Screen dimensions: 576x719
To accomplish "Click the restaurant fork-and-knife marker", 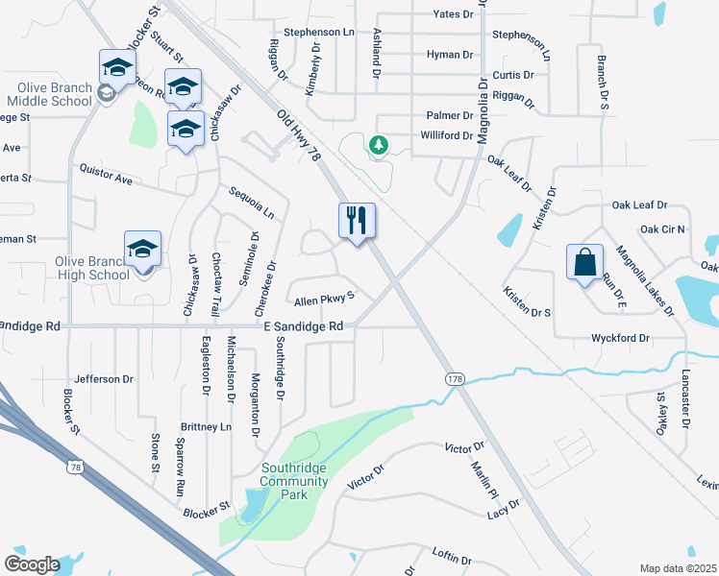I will [x=357, y=222].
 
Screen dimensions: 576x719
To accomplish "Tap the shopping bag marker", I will [x=584, y=261].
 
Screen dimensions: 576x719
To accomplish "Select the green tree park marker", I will [x=379, y=146].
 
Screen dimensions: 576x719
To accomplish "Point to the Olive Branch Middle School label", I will [x=53, y=94].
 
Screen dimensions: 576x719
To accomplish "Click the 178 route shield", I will [x=453, y=380].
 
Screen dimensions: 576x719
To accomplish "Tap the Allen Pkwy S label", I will [x=324, y=299].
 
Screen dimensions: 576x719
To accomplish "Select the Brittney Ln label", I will [x=207, y=425].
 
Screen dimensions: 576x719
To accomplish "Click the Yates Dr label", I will [x=454, y=14].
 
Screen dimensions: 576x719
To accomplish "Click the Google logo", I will [x=33, y=564].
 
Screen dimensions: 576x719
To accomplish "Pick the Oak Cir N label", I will [x=662, y=229].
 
